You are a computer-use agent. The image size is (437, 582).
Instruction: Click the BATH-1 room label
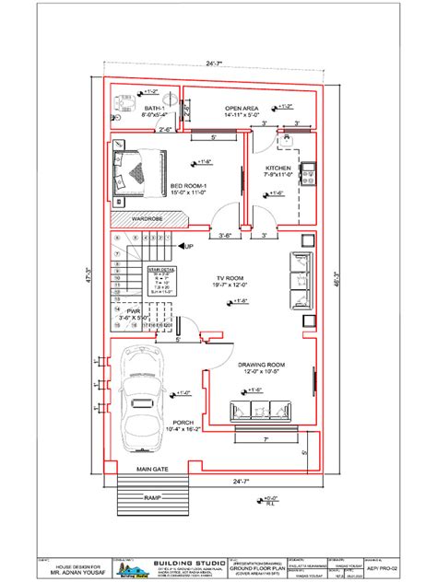tap(153, 109)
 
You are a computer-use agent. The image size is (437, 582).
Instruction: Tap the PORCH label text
tap(181, 422)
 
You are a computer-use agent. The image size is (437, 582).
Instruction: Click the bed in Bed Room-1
tap(138, 171)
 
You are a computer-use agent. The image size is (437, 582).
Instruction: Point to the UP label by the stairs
tap(188, 247)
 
